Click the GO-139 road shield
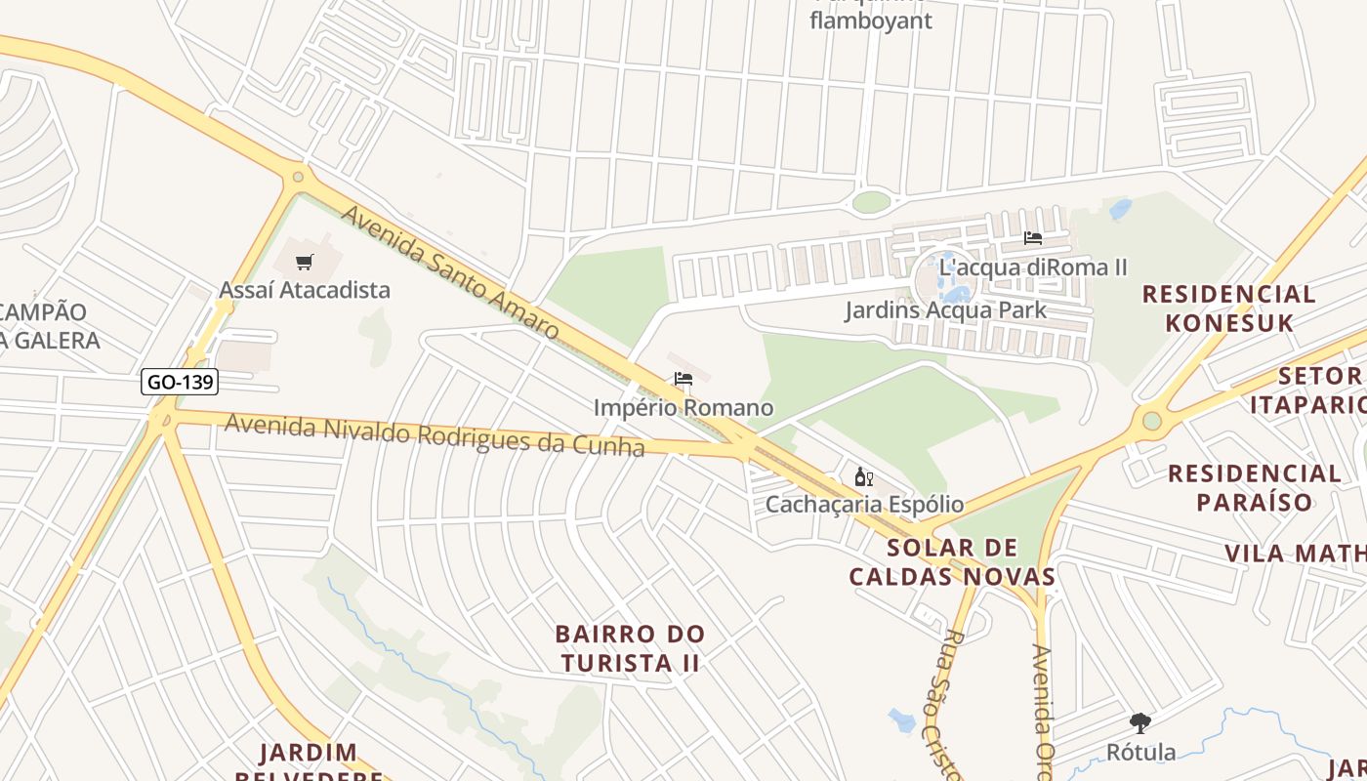coord(180,382)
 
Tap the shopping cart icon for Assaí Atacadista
coord(305,262)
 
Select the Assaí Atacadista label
coord(305,290)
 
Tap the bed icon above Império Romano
coord(683,379)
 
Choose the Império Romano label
coord(683,407)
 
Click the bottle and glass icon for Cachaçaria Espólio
coord(863,476)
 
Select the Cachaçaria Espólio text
coord(864,505)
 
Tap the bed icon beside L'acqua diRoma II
coord(1032,238)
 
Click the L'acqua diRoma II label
coord(1033,267)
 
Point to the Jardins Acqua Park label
coord(945,310)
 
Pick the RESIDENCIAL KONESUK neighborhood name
coord(1228,308)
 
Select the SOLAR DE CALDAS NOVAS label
coord(952,562)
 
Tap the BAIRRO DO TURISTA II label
coord(630,648)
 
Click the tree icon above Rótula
coord(1139,723)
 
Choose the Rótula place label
coord(1140,752)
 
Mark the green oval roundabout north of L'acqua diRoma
coord(871,202)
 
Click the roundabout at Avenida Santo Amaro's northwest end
coord(298,178)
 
